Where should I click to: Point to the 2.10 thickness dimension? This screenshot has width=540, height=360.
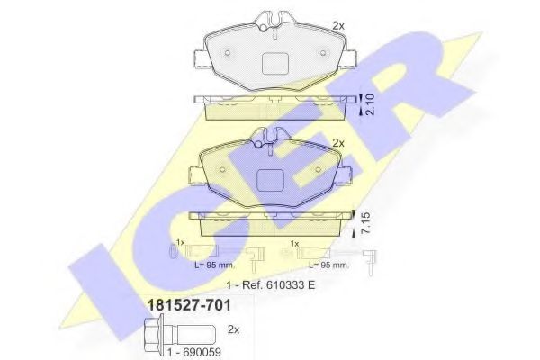pos(368,107)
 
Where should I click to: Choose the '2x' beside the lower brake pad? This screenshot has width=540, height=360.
pos(338,143)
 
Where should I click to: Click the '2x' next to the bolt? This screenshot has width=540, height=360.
pos(235,329)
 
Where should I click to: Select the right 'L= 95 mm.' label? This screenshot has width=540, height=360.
pos(328,266)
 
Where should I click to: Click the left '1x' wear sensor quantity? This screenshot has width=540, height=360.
pos(180,243)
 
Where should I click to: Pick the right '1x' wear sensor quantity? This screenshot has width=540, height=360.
pos(294,243)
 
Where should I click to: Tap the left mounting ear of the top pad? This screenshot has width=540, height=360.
pos(200,58)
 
